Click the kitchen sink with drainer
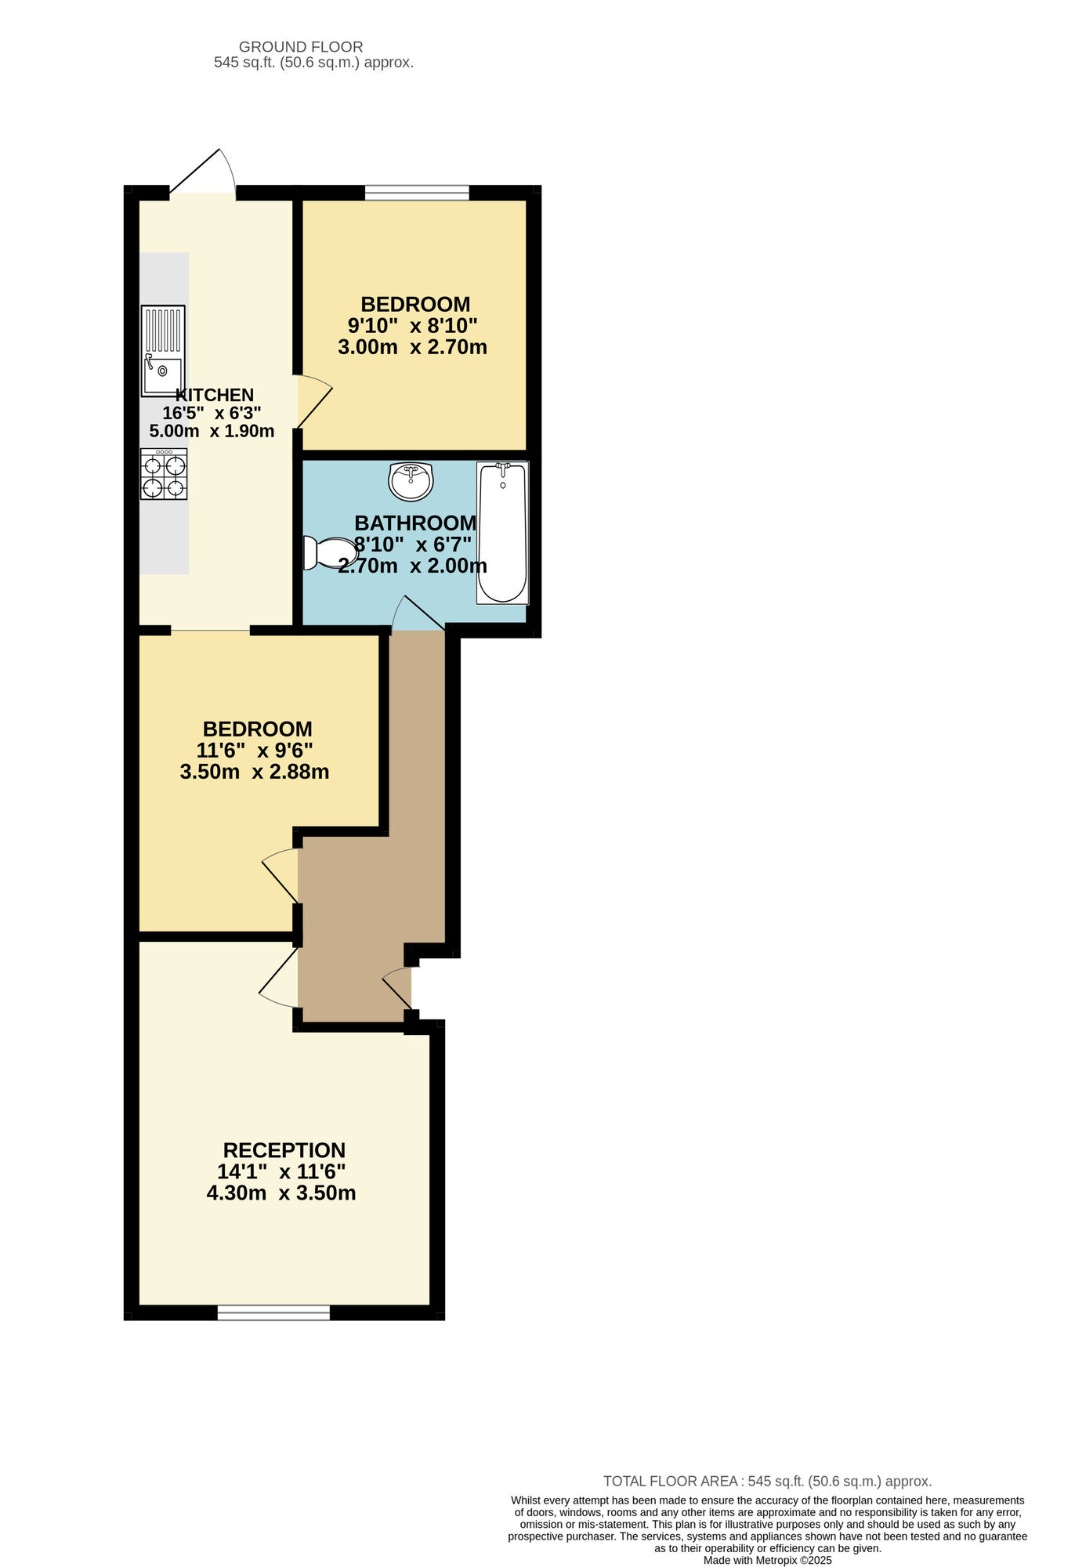click(x=163, y=350)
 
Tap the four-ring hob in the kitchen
click(x=164, y=474)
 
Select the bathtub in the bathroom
click(x=502, y=533)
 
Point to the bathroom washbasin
click(x=411, y=480)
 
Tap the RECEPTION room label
click(x=284, y=1150)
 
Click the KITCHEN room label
click(x=215, y=395)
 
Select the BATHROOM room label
click(x=415, y=523)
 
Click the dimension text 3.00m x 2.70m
click(x=412, y=346)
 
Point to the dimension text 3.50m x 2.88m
click(x=255, y=772)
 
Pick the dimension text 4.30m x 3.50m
click(x=281, y=1193)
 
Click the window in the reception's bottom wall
click(x=273, y=1312)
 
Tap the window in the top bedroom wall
click(x=417, y=192)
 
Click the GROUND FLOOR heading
click(x=301, y=47)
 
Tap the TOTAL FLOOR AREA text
click(x=767, y=1481)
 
